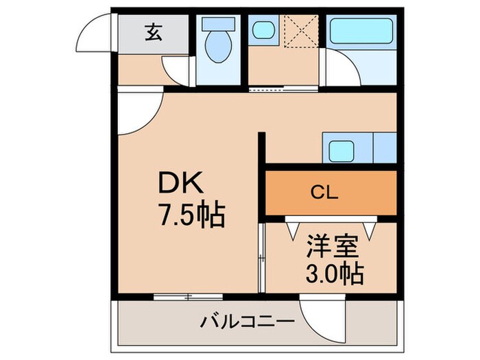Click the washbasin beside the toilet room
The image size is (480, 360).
tap(263, 30)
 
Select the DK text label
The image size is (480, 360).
tap(180, 184)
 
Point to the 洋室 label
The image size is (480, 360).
tap(331, 246)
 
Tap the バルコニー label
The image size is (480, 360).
tap(248, 321)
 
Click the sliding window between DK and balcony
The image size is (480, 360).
tap(188, 296)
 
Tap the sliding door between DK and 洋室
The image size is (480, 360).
tap(261, 257)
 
